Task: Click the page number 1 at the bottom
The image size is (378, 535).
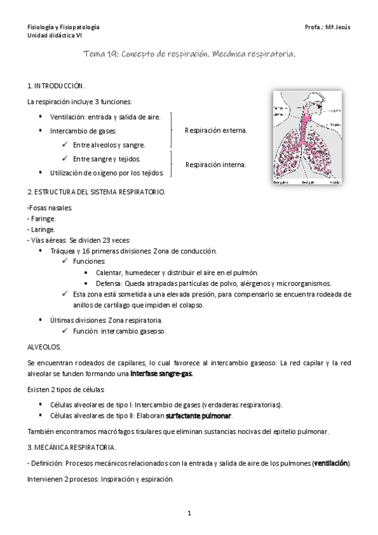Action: click(189, 514)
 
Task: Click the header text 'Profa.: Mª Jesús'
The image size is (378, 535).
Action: click(327, 28)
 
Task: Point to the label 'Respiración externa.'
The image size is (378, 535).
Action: click(216, 131)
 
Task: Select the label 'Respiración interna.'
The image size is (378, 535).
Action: click(215, 165)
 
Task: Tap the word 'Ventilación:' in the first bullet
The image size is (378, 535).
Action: click(68, 117)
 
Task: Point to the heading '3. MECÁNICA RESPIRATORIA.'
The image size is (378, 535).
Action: click(71, 447)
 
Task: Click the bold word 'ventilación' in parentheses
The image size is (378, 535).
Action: click(331, 464)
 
